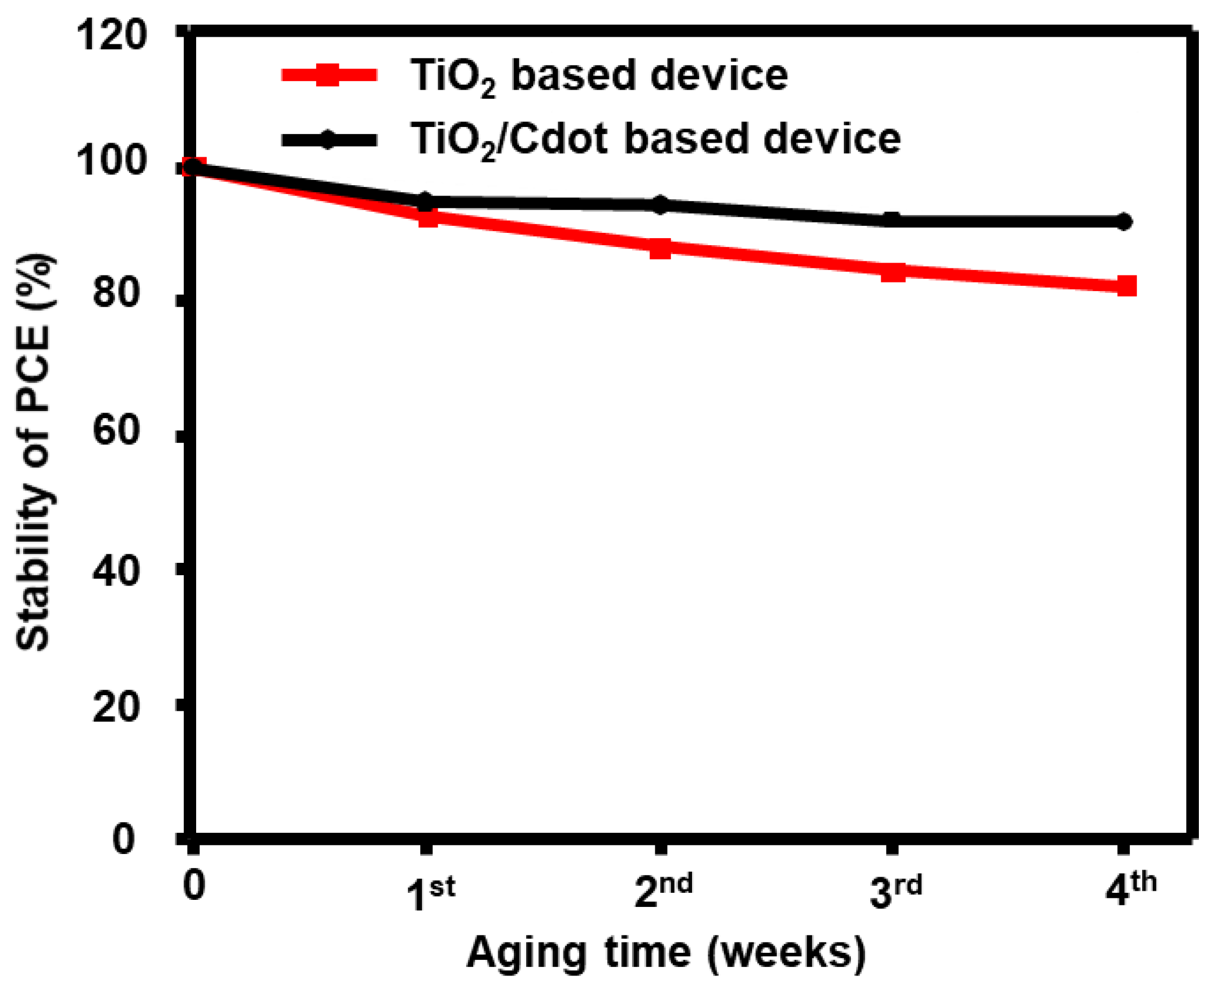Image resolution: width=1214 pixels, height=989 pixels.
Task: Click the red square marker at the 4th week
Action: pyautogui.click(x=1126, y=285)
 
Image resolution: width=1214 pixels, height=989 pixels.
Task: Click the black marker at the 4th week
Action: pyautogui.click(x=1123, y=221)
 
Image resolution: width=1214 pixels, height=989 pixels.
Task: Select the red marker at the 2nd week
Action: pyautogui.click(x=660, y=248)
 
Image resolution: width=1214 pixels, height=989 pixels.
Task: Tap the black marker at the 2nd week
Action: pyautogui.click(x=660, y=205)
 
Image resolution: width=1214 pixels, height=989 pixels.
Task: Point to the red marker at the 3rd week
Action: pyautogui.click(x=893, y=272)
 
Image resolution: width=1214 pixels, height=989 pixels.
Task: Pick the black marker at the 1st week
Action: pyautogui.click(x=425, y=201)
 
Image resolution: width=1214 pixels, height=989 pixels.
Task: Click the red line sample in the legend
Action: pyautogui.click(x=328, y=75)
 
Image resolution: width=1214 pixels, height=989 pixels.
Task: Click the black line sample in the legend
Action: pyautogui.click(x=328, y=139)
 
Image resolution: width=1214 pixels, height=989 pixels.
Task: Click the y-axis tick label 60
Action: pyautogui.click(x=116, y=430)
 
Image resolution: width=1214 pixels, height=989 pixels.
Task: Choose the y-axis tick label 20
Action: pyautogui.click(x=116, y=708)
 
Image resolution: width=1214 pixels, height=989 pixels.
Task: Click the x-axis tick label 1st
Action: pyautogui.click(x=431, y=893)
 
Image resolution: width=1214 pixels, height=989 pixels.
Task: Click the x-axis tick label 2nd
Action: pyautogui.click(x=663, y=892)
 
